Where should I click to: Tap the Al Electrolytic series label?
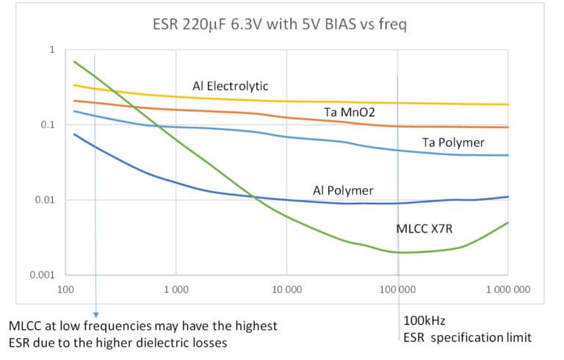tap(231, 87)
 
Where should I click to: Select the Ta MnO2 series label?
tap(350, 112)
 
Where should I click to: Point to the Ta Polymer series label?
tap(453, 143)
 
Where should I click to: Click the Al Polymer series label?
tap(339, 190)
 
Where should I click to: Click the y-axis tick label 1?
tap(52, 50)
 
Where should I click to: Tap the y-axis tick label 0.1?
tap(48, 125)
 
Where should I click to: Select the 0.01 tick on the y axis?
tap(46, 200)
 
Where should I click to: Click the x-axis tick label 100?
tap(65, 289)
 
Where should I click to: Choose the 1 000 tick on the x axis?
tap(176, 289)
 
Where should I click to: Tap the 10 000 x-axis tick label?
tap(286, 289)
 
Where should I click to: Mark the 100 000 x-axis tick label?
tap(397, 289)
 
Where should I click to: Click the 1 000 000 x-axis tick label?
tap(507, 289)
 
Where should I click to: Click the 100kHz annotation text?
tap(424, 321)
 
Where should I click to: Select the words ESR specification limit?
tap(467, 338)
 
